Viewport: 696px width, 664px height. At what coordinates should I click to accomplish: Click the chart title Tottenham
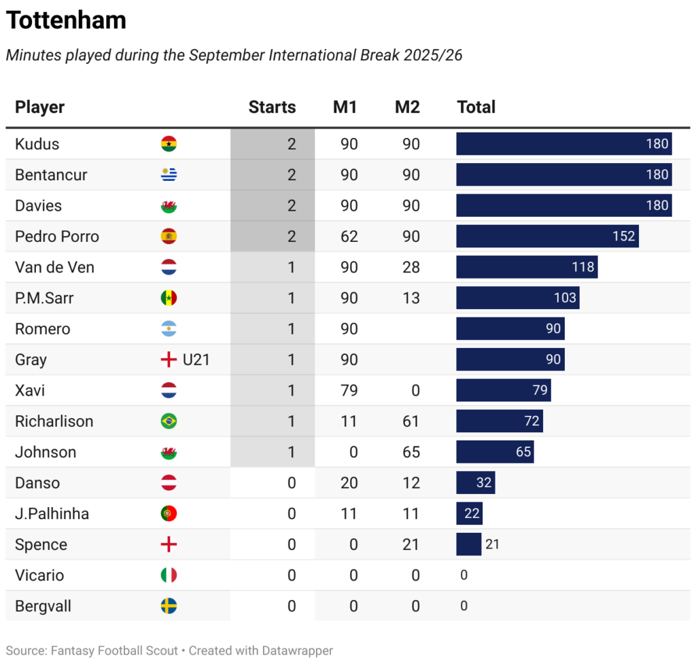click(66, 20)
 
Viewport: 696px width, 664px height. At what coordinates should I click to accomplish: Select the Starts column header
click(272, 107)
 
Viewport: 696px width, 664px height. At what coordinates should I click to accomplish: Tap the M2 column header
click(407, 107)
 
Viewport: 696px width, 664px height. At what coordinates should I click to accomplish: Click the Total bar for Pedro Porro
click(547, 237)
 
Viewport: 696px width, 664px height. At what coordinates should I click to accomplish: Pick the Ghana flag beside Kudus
click(169, 144)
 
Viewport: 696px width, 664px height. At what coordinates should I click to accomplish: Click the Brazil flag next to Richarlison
click(169, 421)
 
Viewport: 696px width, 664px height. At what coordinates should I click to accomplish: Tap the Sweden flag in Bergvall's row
click(169, 606)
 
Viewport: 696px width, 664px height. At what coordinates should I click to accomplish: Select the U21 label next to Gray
click(196, 360)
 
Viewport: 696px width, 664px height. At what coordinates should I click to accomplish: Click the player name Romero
click(42, 329)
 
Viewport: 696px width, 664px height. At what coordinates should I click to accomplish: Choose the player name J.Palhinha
click(52, 514)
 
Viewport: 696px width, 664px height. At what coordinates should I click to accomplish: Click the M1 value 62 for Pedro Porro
click(349, 237)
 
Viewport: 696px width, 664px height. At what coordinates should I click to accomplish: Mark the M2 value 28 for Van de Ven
click(411, 267)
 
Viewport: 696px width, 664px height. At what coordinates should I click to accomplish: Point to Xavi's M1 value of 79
click(349, 391)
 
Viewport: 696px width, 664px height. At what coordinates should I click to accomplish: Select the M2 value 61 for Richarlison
click(411, 421)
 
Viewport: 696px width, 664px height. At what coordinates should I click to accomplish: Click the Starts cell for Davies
click(292, 206)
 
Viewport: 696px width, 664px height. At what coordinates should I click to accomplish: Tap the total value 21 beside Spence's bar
click(492, 544)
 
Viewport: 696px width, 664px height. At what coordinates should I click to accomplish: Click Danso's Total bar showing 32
click(475, 483)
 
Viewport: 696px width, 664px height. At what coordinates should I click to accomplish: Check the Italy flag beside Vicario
click(169, 576)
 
